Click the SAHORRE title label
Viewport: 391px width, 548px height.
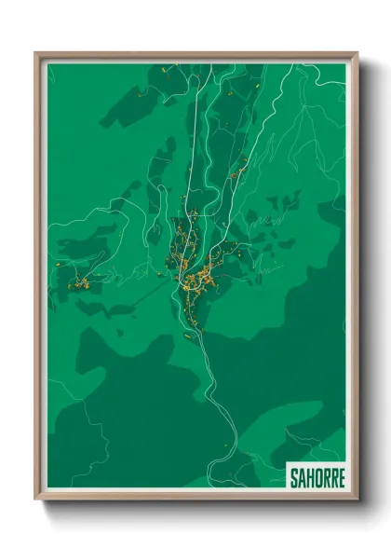tap(316, 477)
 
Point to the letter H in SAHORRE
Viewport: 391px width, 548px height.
tap(309, 477)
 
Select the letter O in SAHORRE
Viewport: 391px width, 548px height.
tap(317, 477)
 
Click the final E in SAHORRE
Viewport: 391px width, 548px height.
tap(340, 477)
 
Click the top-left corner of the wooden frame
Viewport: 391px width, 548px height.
tap(36, 53)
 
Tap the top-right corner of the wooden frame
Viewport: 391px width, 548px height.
tap(357, 53)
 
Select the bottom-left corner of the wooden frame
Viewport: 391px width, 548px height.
tap(36, 499)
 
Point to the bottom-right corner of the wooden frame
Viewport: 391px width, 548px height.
tap(357, 499)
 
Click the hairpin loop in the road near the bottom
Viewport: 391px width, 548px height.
tap(224, 447)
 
